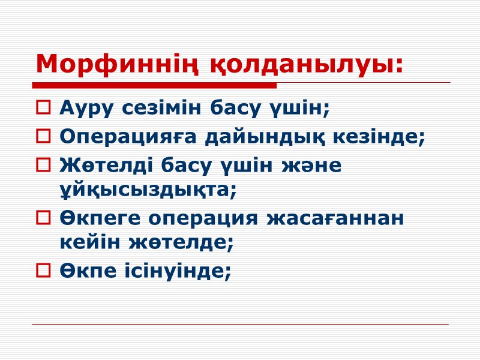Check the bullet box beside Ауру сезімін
[44, 109]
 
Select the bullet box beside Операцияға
[44, 138]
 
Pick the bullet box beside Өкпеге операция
[44, 220]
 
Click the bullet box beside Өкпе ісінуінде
[44, 272]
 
